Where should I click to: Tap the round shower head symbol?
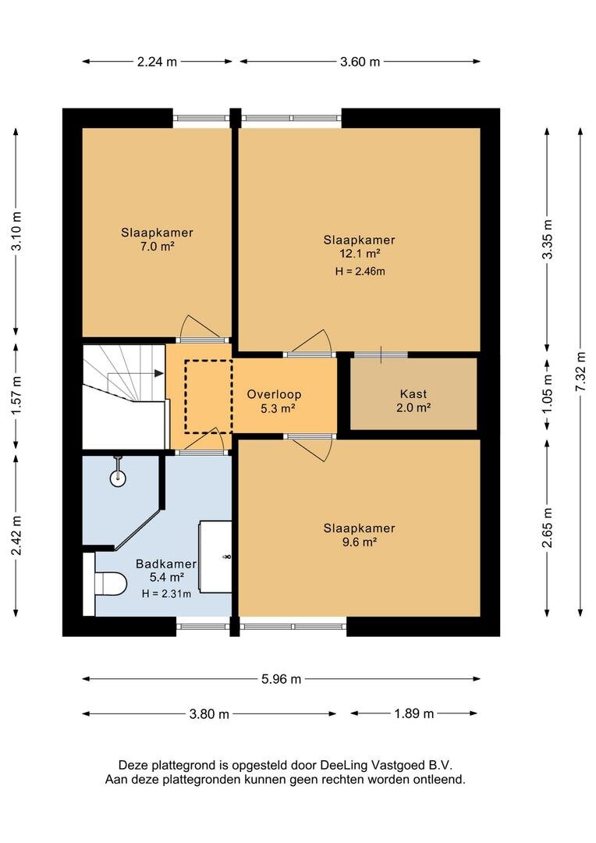[118, 478]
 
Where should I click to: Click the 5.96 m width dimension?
[281, 679]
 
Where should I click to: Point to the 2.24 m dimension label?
[157, 62]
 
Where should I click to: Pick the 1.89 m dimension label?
[413, 713]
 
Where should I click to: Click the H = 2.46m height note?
[360, 272]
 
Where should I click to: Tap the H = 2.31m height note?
[167, 593]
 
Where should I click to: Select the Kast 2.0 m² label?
[413, 400]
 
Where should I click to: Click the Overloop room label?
[274, 394]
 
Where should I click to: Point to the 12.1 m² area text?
[360, 254]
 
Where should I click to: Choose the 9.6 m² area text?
[360, 542]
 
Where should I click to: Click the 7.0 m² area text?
[157, 246]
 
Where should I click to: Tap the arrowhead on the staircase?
[159, 372]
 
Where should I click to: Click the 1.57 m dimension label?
[16, 397]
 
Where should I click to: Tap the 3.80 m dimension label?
[209, 714]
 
